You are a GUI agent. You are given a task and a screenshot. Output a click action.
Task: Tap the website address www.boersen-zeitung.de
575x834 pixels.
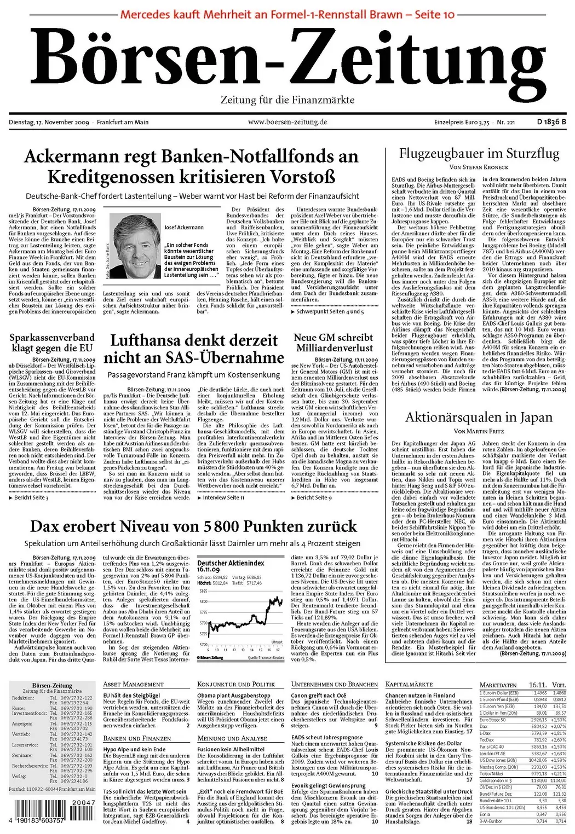[x=287, y=121]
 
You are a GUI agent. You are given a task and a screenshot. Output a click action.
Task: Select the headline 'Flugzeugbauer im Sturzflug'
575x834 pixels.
[x=479, y=153]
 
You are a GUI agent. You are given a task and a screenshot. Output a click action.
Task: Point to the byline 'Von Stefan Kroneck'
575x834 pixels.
[x=479, y=167]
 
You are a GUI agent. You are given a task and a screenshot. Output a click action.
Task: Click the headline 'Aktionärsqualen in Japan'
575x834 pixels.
[x=479, y=418]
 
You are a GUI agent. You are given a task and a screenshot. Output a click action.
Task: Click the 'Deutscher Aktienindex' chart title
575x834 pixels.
[x=231, y=563]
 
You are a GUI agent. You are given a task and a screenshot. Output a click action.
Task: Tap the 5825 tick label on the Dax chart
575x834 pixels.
[x=203, y=592]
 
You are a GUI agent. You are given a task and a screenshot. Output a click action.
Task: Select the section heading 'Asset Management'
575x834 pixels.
[x=133, y=684]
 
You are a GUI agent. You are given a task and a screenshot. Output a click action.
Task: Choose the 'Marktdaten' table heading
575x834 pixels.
[x=498, y=685]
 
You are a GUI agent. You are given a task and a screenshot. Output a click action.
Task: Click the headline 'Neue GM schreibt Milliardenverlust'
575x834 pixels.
[x=334, y=343]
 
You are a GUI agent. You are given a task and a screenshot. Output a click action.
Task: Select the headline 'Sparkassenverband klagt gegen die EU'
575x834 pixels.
[x=52, y=343]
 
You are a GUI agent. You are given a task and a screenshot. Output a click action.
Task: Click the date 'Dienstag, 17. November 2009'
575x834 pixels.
[x=49, y=121]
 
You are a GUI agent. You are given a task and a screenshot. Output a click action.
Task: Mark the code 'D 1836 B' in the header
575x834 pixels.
[x=551, y=121]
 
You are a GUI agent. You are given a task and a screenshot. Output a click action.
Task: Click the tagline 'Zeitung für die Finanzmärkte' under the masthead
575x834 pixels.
[x=287, y=100]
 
